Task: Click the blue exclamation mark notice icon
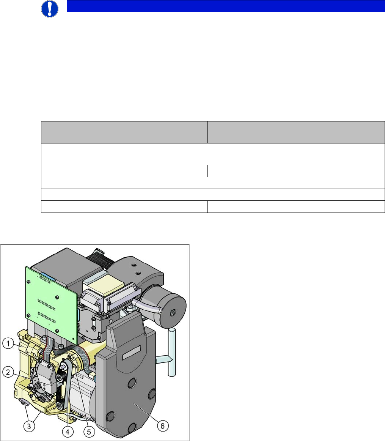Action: [x=50, y=8]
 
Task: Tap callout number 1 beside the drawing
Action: [x=8, y=343]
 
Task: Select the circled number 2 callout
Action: [x=8, y=372]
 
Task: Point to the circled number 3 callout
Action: [x=29, y=426]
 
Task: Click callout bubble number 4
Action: [x=68, y=432]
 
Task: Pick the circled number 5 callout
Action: [x=89, y=432]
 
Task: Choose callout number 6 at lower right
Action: [x=162, y=426]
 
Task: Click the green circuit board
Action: [x=52, y=304]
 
